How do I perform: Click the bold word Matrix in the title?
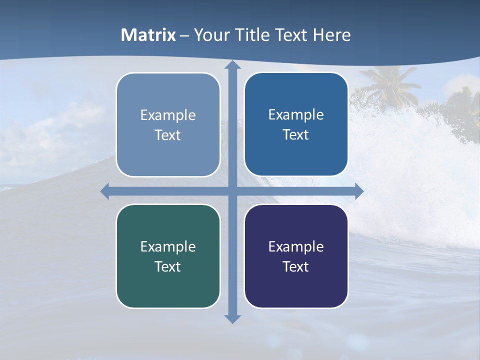tap(148, 35)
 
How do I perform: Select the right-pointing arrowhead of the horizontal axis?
tap(358, 191)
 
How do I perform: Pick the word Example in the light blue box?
tap(168, 115)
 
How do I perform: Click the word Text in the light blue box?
tap(168, 135)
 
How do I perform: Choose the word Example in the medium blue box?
tap(296, 114)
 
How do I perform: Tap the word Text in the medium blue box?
tap(296, 134)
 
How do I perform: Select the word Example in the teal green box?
tap(168, 246)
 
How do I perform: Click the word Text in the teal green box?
tap(168, 266)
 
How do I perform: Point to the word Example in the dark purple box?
tap(296, 246)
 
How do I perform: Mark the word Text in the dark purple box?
tap(296, 266)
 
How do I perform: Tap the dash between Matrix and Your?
tap(184, 35)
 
